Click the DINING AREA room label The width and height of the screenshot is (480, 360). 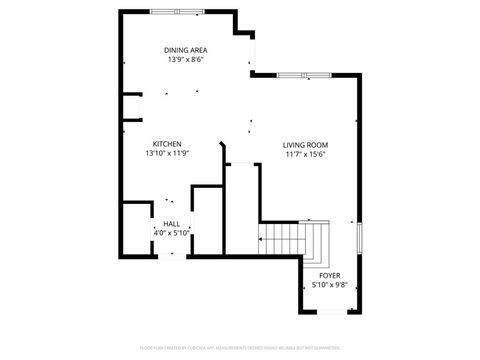(187, 50)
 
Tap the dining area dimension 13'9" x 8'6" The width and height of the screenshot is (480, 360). (187, 59)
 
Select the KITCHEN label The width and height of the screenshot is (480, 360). (167, 144)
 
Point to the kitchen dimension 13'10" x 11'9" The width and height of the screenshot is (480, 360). (167, 153)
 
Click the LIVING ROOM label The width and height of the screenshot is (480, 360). (305, 144)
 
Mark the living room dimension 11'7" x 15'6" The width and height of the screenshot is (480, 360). (305, 153)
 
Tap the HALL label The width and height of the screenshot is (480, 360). (172, 223)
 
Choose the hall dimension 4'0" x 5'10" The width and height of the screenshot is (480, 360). (172, 232)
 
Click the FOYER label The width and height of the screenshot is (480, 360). (329, 275)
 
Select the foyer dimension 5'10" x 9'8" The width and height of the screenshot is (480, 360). (329, 284)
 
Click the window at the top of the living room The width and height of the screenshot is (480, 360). (306, 75)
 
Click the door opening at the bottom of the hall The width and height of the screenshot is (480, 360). (171, 256)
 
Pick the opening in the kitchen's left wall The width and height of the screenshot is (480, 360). (123, 108)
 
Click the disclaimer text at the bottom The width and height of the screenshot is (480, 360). (240, 347)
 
